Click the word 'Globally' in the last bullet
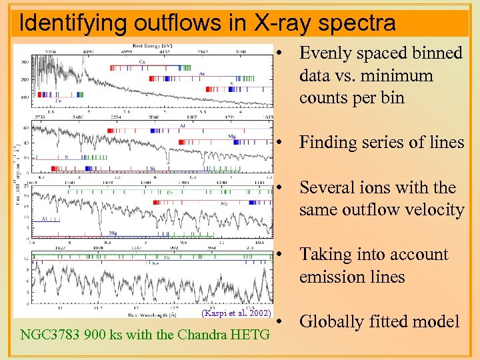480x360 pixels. click(x=331, y=321)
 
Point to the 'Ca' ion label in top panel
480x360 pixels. click(x=143, y=61)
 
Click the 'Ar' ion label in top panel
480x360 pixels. click(x=201, y=74)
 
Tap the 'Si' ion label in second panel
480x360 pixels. click(x=152, y=169)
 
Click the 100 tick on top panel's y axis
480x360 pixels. click(x=25, y=97)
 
